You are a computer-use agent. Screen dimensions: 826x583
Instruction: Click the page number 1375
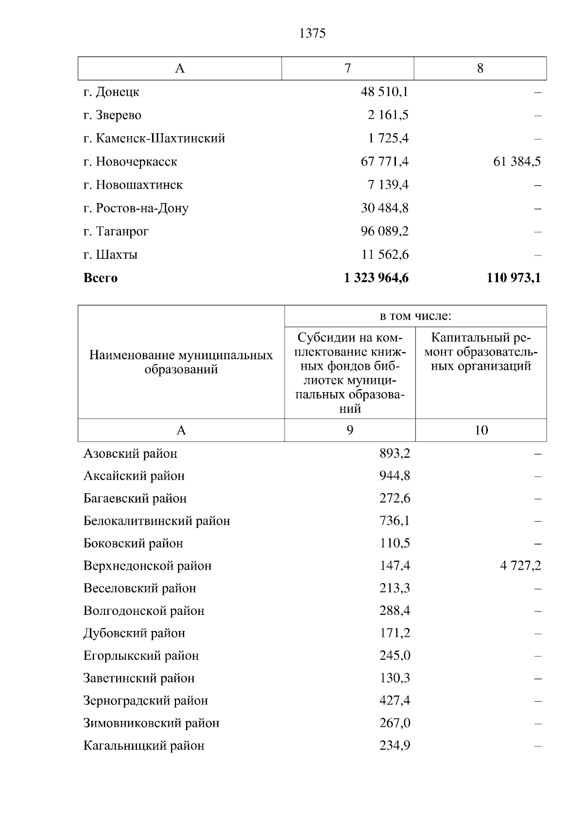[312, 33]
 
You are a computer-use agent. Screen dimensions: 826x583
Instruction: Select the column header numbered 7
[347, 68]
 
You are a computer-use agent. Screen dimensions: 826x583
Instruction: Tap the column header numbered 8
[480, 68]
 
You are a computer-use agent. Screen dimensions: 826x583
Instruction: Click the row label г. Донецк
[111, 92]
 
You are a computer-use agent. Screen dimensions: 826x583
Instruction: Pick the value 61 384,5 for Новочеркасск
[517, 162]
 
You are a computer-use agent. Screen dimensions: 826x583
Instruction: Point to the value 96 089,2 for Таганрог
[385, 231]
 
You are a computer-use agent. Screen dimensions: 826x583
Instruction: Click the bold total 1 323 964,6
[377, 278]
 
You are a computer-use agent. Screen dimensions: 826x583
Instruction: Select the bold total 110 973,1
[514, 278]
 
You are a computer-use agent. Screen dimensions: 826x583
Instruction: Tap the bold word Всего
[101, 278]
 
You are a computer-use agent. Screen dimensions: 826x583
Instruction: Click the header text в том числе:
[415, 316]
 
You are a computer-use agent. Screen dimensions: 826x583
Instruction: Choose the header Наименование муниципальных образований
[181, 362]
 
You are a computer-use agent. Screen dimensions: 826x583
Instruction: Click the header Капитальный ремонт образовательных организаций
[481, 352]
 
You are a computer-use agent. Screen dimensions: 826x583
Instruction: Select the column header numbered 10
[481, 430]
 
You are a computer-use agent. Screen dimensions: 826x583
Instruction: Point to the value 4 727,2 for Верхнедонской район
[520, 566]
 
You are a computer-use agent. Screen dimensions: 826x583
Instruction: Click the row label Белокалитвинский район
[156, 521]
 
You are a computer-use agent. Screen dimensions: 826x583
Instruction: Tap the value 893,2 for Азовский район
[394, 454]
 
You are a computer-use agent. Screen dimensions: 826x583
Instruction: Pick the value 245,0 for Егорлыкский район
[394, 656]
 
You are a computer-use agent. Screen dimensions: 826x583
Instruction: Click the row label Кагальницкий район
[144, 746]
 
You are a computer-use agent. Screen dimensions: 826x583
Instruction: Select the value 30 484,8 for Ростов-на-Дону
[385, 208]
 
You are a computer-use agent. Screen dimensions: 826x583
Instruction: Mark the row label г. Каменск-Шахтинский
[154, 139]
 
